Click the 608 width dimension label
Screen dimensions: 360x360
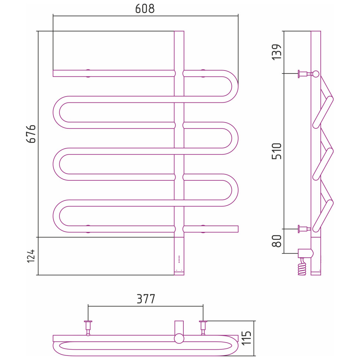click(145, 9)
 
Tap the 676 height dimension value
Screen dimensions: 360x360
click(31, 134)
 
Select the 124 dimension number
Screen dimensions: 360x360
click(31, 256)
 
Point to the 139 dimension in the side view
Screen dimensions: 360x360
click(276, 52)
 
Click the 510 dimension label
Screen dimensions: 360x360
click(276, 151)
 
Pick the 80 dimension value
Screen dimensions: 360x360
click(276, 241)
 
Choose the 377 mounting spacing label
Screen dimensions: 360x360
click(146, 299)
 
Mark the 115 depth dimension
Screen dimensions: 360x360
click(246, 338)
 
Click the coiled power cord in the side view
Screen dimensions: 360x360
click(302, 266)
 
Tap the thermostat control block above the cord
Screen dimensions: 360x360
click(305, 253)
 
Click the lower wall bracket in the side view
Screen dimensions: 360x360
click(304, 229)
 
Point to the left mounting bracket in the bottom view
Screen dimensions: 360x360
click(88, 328)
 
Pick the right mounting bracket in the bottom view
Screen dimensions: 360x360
click(203, 328)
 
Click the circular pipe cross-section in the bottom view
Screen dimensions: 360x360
click(179, 338)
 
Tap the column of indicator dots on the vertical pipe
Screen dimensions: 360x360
click(179, 259)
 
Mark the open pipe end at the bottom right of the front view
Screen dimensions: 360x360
click(238, 229)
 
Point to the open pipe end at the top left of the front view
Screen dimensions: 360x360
click(53, 73)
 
